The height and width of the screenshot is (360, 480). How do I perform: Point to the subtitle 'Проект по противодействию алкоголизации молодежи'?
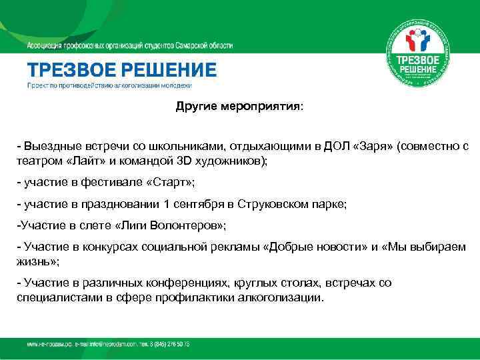click(109, 86)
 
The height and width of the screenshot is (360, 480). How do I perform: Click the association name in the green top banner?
click(130, 45)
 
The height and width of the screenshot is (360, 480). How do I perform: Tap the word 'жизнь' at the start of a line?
click(33, 261)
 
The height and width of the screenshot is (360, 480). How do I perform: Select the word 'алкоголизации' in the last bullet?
click(274, 297)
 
